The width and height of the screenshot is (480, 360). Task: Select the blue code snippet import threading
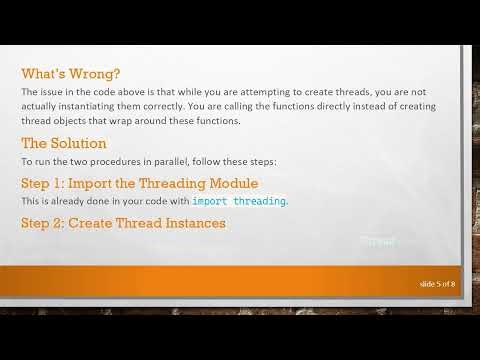238,201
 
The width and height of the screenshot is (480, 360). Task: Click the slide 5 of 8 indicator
437,284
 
